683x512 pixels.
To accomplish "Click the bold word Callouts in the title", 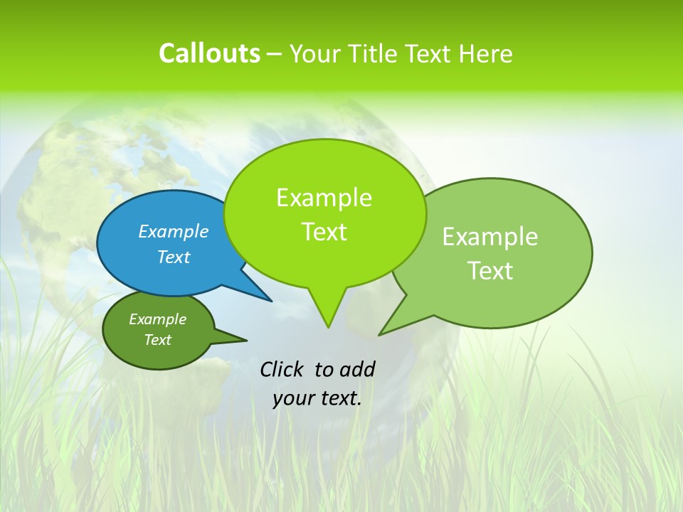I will tap(209, 53).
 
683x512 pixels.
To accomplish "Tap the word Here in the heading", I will tap(486, 54).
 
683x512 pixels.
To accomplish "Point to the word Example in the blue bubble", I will tap(173, 231).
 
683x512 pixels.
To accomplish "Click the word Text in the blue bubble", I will tap(173, 257).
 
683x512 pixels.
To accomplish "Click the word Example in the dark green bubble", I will tap(157, 319).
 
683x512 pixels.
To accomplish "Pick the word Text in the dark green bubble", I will tap(157, 340).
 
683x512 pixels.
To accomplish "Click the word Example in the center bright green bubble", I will tap(324, 198).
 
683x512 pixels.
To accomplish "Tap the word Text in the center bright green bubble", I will tap(324, 232).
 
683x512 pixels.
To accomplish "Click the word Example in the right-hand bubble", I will tap(490, 237).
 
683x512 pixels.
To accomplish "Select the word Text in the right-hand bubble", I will tap(490, 271).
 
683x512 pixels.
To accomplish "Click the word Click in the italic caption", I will tap(282, 369).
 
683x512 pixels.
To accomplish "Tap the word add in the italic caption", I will tap(356, 369).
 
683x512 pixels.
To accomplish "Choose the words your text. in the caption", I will tap(317, 398).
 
